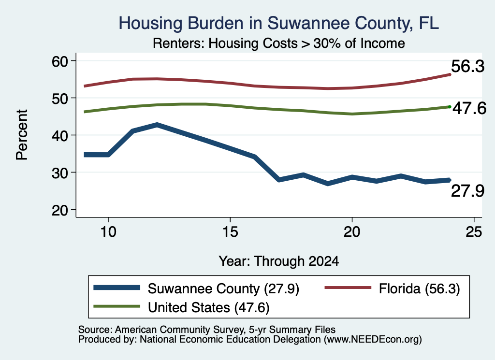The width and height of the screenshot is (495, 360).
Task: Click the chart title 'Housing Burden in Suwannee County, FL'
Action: [279, 23]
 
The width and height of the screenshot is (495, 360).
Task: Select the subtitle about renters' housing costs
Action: [279, 43]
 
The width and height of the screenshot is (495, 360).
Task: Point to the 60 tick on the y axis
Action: [60, 61]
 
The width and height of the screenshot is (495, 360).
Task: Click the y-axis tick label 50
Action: [60, 98]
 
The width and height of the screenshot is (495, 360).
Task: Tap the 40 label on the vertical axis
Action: [60, 135]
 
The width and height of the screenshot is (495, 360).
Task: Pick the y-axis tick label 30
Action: [60, 173]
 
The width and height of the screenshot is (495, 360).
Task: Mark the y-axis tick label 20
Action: [60, 210]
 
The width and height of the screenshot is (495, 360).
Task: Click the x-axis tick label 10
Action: [108, 232]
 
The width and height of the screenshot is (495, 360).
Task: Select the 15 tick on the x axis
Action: [230, 232]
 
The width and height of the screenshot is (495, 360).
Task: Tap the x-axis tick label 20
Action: [352, 232]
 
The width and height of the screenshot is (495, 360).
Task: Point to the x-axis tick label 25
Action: [474, 232]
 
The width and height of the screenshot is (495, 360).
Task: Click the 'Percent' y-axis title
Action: [22, 135]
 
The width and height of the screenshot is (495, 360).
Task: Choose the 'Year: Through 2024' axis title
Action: [279, 261]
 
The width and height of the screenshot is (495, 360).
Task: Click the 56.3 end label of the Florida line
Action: [467, 66]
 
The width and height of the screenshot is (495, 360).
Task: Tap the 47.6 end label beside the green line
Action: [469, 108]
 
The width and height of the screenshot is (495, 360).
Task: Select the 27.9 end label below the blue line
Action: [467, 191]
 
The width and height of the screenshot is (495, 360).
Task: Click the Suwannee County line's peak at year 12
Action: [157, 125]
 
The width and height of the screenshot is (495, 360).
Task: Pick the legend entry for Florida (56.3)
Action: [393, 288]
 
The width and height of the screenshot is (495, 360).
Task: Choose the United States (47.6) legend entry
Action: [182, 307]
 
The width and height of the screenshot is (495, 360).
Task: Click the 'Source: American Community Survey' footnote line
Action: [207, 330]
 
